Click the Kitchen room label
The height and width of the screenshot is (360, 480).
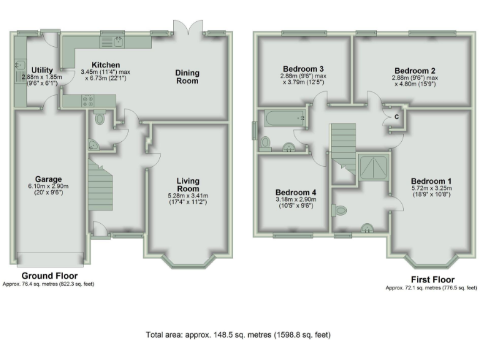[101, 64]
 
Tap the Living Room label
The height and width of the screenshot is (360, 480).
[187, 185]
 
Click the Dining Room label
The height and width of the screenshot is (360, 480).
[187, 76]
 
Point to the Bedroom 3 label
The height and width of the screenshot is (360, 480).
[303, 68]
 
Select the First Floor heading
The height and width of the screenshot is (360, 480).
[432, 279]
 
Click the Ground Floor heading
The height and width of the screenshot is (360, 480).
[49, 276]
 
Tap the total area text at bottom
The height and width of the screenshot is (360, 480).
[238, 334]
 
